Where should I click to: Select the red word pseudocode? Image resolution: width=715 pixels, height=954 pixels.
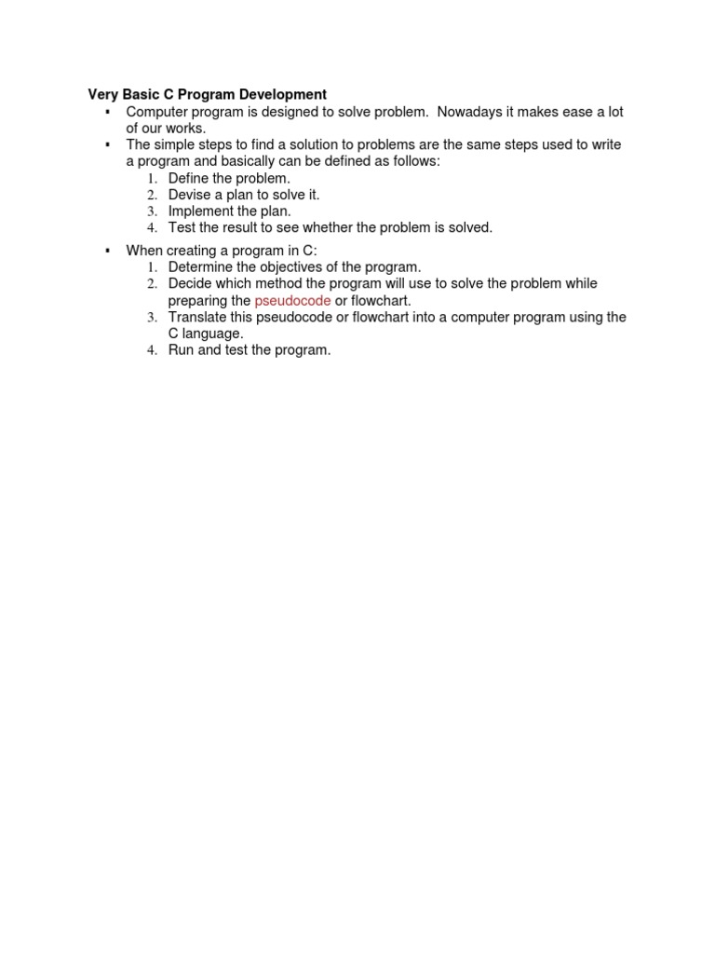pos(292,301)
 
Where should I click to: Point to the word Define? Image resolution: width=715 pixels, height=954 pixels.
pos(189,178)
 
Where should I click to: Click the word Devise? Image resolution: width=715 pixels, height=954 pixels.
pos(189,195)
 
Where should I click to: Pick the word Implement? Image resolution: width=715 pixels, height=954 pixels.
pos(200,211)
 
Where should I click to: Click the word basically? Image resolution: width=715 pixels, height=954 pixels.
pos(246,161)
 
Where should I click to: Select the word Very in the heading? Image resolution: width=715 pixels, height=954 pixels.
pos(103,95)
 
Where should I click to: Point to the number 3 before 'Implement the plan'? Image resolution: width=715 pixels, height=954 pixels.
pos(151,211)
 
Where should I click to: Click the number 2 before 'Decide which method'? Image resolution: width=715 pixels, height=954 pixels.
pos(151,284)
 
